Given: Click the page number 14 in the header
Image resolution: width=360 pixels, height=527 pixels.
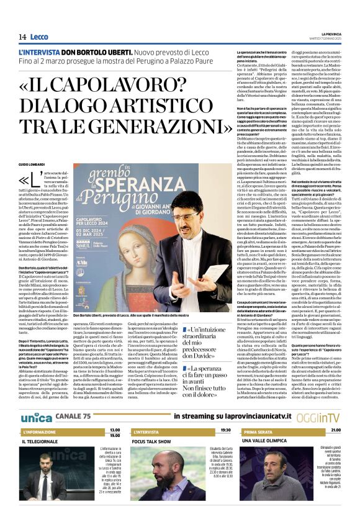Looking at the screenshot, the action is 22,37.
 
